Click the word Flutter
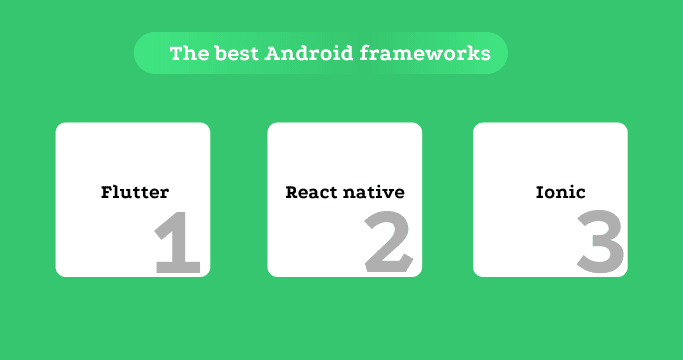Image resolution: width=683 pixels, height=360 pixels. [135, 192]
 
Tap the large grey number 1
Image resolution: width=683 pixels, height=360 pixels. [179, 242]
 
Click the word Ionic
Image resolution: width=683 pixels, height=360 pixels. [560, 192]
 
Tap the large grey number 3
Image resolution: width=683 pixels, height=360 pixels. [601, 242]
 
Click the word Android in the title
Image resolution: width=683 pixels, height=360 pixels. [304, 53]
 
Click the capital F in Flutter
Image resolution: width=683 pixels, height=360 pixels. [107, 192]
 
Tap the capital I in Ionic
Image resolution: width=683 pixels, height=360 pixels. [540, 192]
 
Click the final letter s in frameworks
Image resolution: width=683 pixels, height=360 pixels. [486, 54]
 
